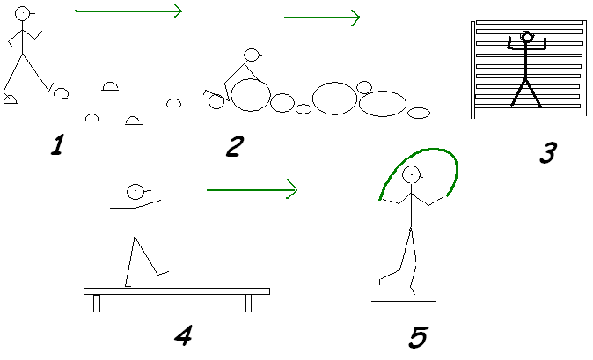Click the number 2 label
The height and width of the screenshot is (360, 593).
(x=233, y=146)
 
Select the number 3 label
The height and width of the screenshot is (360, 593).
(x=546, y=153)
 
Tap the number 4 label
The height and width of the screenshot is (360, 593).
(x=184, y=334)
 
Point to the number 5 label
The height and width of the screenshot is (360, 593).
(x=419, y=336)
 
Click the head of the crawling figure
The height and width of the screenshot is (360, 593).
(x=253, y=55)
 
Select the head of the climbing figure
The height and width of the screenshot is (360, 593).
(x=527, y=37)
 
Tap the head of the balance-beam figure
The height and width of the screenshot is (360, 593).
(x=135, y=191)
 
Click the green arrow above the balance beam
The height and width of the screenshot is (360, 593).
(x=253, y=188)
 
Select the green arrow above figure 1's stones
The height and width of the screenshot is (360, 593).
(x=128, y=11)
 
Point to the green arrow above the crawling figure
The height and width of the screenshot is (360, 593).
(x=322, y=17)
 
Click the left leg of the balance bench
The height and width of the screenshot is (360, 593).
(x=97, y=303)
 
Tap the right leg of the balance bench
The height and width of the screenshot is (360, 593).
(x=248, y=303)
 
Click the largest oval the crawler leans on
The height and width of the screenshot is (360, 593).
(x=250, y=95)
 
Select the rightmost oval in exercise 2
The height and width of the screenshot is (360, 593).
(x=419, y=113)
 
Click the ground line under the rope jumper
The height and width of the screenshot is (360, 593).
(x=403, y=301)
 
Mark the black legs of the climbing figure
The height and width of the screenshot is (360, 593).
(x=527, y=92)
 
